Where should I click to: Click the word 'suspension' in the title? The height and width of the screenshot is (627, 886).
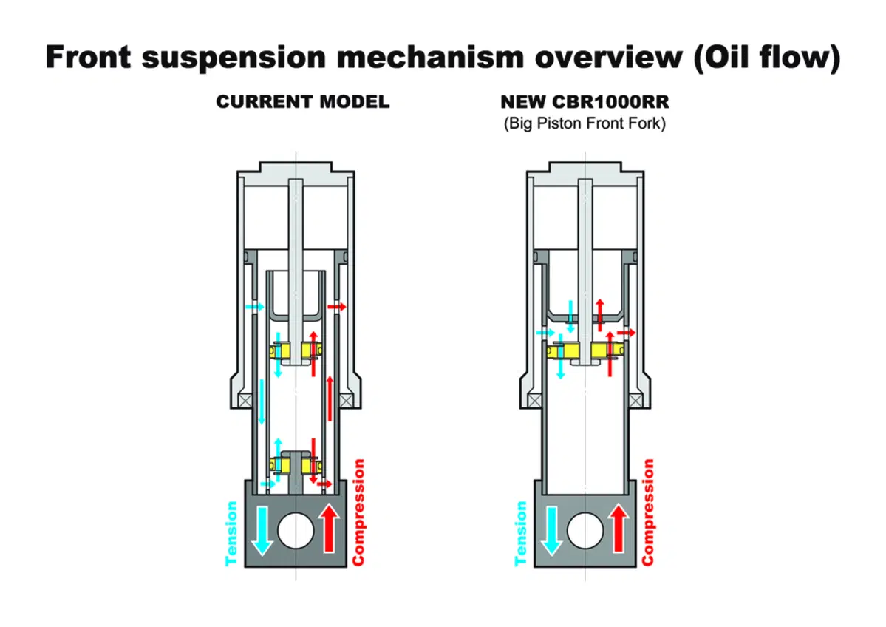[x=234, y=58]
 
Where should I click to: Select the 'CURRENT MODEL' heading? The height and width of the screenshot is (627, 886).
[x=303, y=102]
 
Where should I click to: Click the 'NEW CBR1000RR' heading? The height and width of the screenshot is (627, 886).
[x=585, y=102]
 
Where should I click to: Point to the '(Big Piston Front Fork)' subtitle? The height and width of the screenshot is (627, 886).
[x=585, y=123]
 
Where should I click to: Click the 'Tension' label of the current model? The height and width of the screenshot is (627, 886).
[x=231, y=534]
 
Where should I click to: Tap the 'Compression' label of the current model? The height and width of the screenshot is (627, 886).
[x=358, y=512]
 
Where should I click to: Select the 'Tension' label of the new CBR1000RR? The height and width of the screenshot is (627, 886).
[x=520, y=534]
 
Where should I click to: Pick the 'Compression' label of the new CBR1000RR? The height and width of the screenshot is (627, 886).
[x=647, y=512]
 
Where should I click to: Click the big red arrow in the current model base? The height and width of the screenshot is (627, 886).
[x=330, y=527]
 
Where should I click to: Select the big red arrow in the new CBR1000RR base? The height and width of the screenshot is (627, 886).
[x=619, y=527]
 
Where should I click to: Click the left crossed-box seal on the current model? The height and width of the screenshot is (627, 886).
[x=245, y=401]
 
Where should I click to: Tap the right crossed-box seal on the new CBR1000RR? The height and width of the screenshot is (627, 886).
[x=635, y=401]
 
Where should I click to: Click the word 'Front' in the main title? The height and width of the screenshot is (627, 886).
[x=88, y=58]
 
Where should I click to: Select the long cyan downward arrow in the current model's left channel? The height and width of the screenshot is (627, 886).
[x=262, y=401]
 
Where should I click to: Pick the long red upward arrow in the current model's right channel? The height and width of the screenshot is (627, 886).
[x=330, y=398]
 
